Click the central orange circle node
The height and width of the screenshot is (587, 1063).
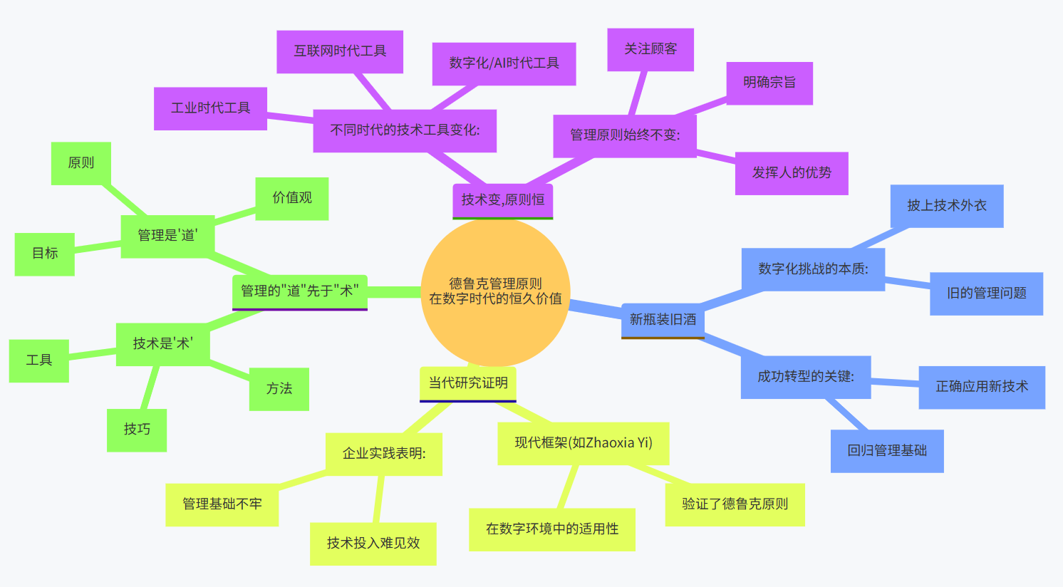click(x=495, y=291)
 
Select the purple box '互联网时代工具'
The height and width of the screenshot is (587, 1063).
click(x=340, y=51)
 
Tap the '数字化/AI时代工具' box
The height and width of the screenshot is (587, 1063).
click(x=504, y=63)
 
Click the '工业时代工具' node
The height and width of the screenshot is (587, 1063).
click(x=210, y=108)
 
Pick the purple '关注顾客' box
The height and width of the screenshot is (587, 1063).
click(x=650, y=49)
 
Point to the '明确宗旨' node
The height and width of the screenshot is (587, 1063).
click(x=769, y=83)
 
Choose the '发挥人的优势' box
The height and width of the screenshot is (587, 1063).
click(x=792, y=173)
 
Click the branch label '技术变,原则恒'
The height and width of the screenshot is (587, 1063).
click(x=502, y=200)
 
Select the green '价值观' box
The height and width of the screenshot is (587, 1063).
click(x=292, y=198)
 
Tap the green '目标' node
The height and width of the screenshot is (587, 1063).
click(x=45, y=254)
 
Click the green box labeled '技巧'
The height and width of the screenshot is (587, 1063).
click(x=137, y=430)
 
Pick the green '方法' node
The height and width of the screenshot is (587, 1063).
click(x=279, y=389)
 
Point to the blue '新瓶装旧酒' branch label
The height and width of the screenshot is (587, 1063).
click(x=663, y=320)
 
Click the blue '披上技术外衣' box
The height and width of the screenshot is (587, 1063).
click(x=947, y=206)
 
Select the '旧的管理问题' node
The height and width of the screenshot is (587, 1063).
click(x=986, y=293)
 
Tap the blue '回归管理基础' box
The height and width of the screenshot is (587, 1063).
click(x=887, y=451)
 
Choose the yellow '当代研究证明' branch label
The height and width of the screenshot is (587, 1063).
click(x=468, y=383)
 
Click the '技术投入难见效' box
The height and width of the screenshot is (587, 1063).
click(x=373, y=544)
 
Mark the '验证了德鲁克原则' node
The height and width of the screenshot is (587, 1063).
click(x=735, y=504)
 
